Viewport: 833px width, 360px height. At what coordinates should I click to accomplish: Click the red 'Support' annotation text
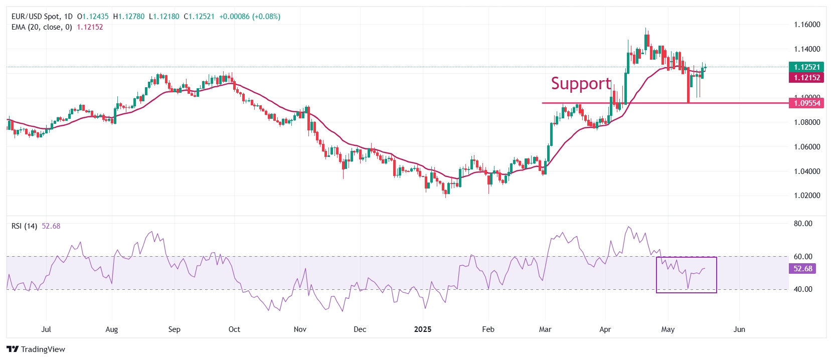[x=581, y=83]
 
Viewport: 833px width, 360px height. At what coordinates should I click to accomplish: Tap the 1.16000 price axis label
[x=807, y=25]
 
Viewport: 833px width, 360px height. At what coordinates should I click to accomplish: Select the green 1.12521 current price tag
[x=806, y=67]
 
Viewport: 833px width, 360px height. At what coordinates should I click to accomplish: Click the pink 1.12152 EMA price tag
[x=806, y=78]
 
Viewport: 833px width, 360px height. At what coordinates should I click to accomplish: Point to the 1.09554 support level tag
[x=806, y=103]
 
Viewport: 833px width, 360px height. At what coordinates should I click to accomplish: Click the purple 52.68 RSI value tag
[x=802, y=269]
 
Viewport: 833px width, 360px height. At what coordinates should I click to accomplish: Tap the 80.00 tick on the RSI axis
[x=802, y=224]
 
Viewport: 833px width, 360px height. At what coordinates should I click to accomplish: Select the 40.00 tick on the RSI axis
[x=802, y=289]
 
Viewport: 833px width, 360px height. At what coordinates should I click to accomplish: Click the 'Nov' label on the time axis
[x=300, y=329]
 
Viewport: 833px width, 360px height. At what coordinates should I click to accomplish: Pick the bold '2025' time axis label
[x=423, y=329]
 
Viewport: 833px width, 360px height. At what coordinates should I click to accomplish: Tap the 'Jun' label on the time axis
[x=739, y=329]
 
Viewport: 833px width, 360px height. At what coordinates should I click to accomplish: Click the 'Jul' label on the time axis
[x=46, y=329]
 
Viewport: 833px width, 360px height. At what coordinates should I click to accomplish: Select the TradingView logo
[x=36, y=349]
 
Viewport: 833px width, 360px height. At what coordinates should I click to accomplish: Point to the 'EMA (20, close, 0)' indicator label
[x=42, y=27]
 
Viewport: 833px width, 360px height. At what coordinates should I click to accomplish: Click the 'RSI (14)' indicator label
[x=24, y=226]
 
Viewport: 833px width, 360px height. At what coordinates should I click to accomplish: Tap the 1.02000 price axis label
[x=807, y=196]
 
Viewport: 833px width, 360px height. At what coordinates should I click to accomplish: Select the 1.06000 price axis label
[x=807, y=147]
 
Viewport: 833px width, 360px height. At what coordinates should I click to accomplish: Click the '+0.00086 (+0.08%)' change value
[x=250, y=17]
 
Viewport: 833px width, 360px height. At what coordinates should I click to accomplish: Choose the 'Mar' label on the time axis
[x=545, y=329]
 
